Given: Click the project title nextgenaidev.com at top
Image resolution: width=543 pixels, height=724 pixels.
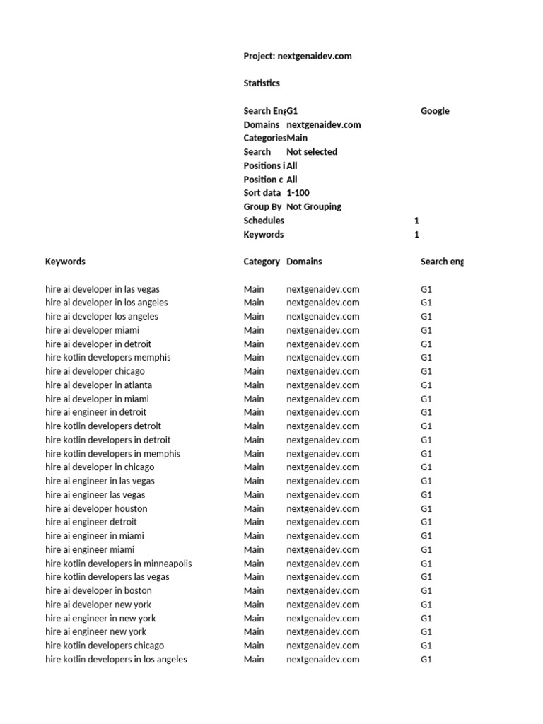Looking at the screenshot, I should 297,56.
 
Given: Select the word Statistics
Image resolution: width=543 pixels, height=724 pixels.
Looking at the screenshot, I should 262,83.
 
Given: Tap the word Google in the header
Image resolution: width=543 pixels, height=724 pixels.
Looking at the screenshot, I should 435,111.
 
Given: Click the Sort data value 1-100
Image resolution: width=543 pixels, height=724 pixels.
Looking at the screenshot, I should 298,193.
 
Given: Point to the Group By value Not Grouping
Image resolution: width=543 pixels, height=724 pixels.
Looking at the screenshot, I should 313,206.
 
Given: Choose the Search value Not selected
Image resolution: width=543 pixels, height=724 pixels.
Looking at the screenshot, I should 311,152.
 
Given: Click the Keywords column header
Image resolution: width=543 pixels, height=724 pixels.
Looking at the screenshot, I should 65,262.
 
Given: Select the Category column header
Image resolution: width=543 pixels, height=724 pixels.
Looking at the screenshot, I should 262,262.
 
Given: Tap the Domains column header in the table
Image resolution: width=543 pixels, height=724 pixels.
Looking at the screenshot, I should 304,262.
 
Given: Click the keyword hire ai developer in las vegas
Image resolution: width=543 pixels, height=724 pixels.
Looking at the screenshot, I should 103,289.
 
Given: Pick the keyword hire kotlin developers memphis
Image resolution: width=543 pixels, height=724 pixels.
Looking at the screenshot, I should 108,358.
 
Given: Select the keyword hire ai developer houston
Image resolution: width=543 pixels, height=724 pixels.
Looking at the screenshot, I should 96,508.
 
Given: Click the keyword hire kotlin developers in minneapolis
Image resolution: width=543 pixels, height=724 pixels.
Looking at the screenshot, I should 119,564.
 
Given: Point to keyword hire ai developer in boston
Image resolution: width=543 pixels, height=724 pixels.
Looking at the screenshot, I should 98,590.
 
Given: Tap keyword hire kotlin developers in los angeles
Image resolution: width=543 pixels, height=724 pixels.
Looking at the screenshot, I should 116,660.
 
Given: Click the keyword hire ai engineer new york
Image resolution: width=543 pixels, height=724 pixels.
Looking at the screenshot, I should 96,631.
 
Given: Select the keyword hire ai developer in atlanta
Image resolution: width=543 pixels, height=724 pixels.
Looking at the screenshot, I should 98,385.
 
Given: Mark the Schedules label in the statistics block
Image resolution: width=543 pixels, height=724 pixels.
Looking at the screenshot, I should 264,221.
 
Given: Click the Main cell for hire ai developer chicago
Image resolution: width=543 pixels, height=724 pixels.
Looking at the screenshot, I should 254,371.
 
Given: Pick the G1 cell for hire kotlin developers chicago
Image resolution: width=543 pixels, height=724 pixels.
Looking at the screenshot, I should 426,646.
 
